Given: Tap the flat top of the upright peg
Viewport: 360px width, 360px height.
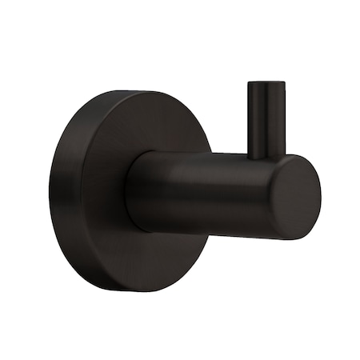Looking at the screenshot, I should click(266, 83).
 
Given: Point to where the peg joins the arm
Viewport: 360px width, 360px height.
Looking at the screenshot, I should click(266, 154).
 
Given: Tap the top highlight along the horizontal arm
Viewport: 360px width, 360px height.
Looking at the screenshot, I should click(208, 157).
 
